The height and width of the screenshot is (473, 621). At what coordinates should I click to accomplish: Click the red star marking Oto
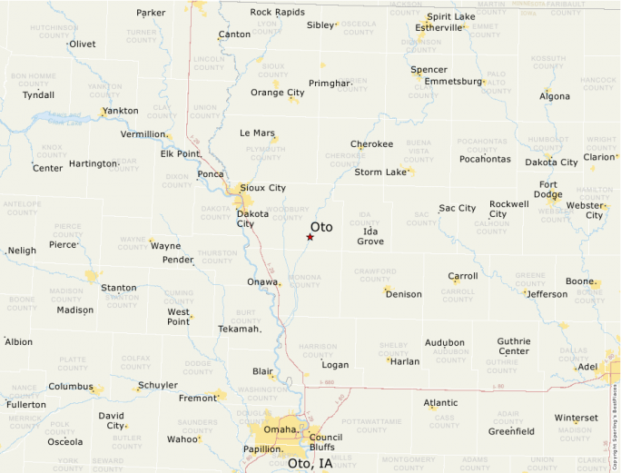[x=310, y=237]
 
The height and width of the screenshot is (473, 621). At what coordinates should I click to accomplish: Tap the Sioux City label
[x=263, y=188]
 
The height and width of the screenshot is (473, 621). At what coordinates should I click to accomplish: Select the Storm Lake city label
[x=380, y=172]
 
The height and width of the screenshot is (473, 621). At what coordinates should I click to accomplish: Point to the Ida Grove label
[x=370, y=236]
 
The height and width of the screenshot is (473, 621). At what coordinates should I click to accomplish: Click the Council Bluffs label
[x=325, y=442]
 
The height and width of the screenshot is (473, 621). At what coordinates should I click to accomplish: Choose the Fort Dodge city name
[x=547, y=189]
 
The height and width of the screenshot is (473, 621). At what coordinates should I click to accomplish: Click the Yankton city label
[x=121, y=111]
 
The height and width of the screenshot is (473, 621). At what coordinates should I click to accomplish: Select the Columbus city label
[x=70, y=386]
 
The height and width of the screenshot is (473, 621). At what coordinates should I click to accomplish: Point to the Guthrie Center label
[x=513, y=346]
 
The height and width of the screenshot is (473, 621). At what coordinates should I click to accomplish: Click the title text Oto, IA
[x=310, y=463]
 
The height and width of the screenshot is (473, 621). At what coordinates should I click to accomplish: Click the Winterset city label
[x=576, y=418]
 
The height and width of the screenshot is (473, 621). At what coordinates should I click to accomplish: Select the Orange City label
[x=277, y=93]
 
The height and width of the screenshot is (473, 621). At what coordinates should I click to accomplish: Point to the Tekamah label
[x=239, y=329]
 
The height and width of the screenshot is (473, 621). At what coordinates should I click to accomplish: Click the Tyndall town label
[x=38, y=94]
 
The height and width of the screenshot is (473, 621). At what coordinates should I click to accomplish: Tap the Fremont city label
[x=197, y=398]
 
